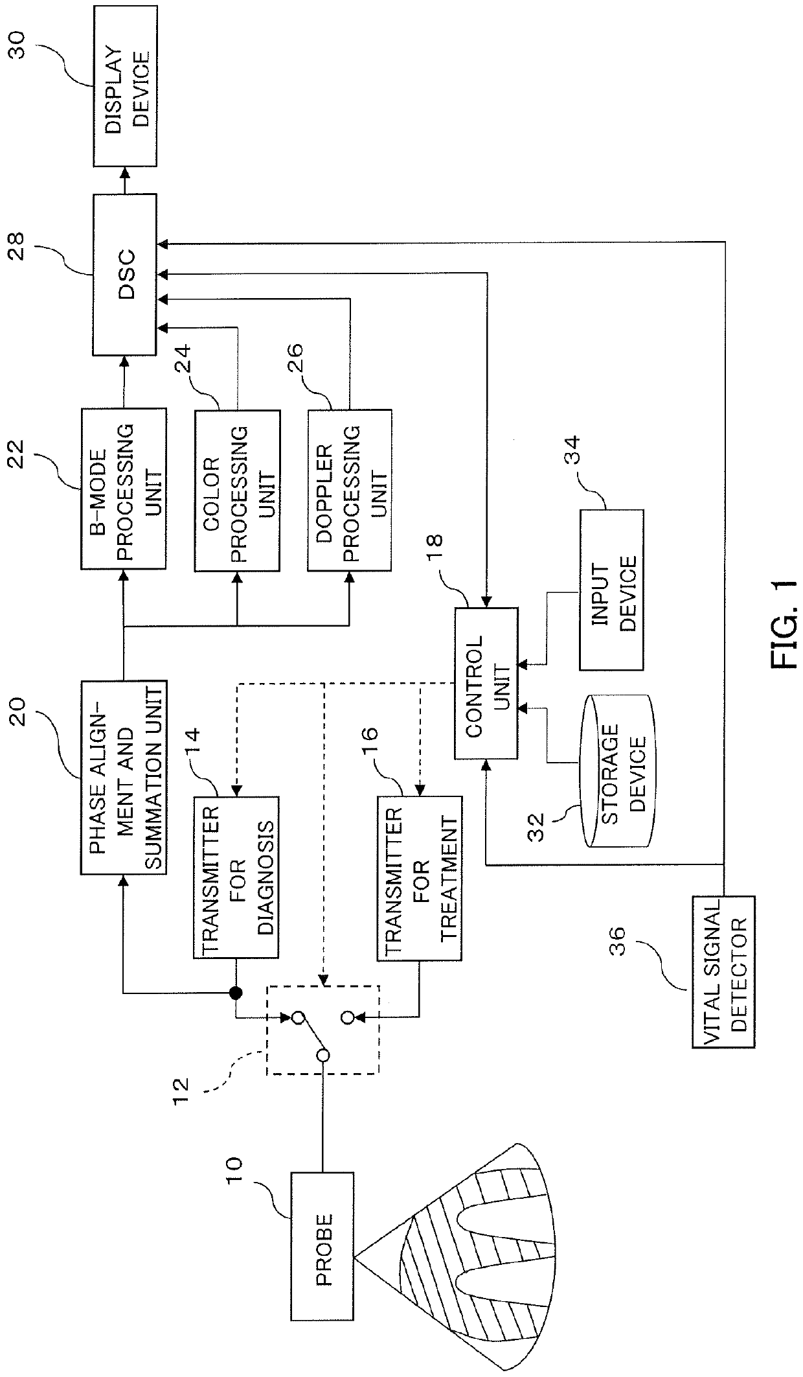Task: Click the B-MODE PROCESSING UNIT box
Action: point(123,489)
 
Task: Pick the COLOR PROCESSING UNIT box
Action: point(238,490)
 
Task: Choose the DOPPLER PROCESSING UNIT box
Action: point(350,490)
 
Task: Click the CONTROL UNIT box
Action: point(486,683)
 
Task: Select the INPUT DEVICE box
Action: point(611,589)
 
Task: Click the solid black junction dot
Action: point(236,993)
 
